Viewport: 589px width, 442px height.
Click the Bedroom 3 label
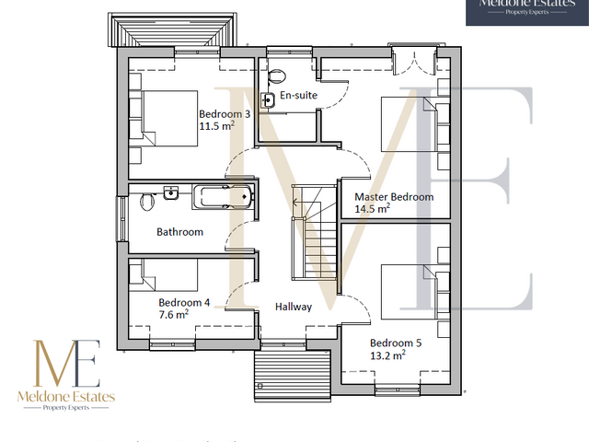pyautogui.click(x=225, y=114)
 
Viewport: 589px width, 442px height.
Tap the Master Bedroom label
pyautogui.click(x=394, y=196)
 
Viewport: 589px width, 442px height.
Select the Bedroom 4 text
pyautogui.click(x=184, y=302)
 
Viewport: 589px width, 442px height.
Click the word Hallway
pyautogui.click(x=292, y=308)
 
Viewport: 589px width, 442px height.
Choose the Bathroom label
pyautogui.click(x=179, y=232)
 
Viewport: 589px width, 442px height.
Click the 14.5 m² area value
pyautogui.click(x=373, y=209)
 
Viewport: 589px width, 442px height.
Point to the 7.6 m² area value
pyautogui.click(x=174, y=314)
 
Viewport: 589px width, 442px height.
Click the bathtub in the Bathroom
pyautogui.click(x=221, y=195)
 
